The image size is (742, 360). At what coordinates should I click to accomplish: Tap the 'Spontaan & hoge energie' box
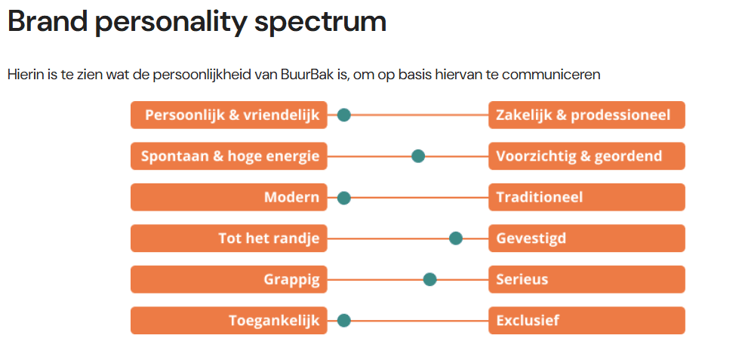(229, 156)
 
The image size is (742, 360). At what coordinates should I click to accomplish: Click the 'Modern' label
(291, 198)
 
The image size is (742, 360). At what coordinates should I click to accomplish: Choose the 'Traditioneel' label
(540, 198)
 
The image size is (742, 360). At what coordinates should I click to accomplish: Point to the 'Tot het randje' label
(269, 238)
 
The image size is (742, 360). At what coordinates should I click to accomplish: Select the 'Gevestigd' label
(531, 238)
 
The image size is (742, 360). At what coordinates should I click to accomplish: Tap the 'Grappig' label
(291, 279)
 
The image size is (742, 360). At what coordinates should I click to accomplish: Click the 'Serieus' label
(522, 279)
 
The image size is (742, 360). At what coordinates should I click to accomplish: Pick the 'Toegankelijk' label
(274, 320)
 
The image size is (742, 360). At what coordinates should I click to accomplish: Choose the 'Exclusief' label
(528, 320)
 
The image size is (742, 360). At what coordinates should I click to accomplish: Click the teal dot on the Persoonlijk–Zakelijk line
(344, 115)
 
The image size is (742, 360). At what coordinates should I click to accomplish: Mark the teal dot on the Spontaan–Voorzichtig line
(418, 156)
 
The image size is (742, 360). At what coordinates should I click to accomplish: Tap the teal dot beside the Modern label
(344, 198)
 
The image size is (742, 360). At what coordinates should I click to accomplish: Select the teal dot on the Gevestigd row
(456, 238)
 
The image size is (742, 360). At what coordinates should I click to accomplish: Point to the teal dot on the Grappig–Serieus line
(430, 279)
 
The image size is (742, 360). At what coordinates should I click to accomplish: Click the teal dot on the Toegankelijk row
(344, 320)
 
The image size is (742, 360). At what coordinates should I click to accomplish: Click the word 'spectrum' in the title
(320, 22)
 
